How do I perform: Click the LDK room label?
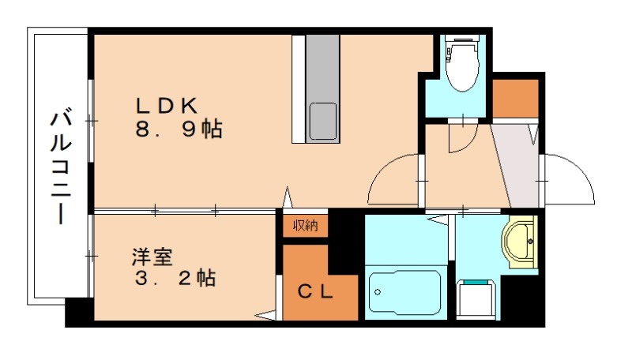[x=171, y=105]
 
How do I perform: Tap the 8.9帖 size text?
[x=177, y=129]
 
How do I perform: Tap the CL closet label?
[x=314, y=291]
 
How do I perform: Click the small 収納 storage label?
[x=306, y=225]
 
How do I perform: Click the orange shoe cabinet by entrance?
[x=515, y=96]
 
